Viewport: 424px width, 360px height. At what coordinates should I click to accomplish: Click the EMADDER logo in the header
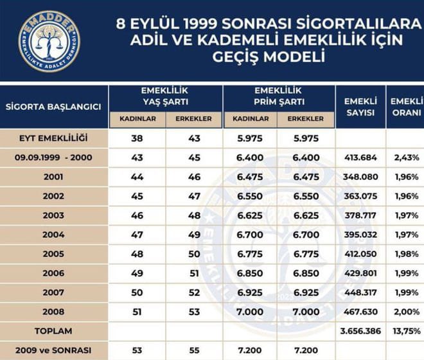pos(49,40)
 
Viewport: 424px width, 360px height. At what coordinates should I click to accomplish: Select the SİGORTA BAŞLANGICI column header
pos(53,107)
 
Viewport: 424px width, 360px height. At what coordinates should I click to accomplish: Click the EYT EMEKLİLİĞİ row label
pos(53,138)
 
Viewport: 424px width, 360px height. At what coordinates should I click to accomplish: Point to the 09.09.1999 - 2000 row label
pos(53,157)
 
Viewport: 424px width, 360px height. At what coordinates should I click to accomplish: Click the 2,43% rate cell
pos(406,157)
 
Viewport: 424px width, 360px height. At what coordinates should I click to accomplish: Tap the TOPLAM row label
pos(53,331)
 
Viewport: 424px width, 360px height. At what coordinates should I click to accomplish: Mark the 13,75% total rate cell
pos(406,331)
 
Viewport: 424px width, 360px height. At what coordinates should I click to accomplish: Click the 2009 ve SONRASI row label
pos(53,350)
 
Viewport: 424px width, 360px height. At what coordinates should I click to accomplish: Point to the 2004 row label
pos(53,235)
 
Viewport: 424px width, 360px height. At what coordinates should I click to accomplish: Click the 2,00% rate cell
pos(406,312)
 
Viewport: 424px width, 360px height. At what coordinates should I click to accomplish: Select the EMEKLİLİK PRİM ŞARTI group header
pos(278,96)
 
